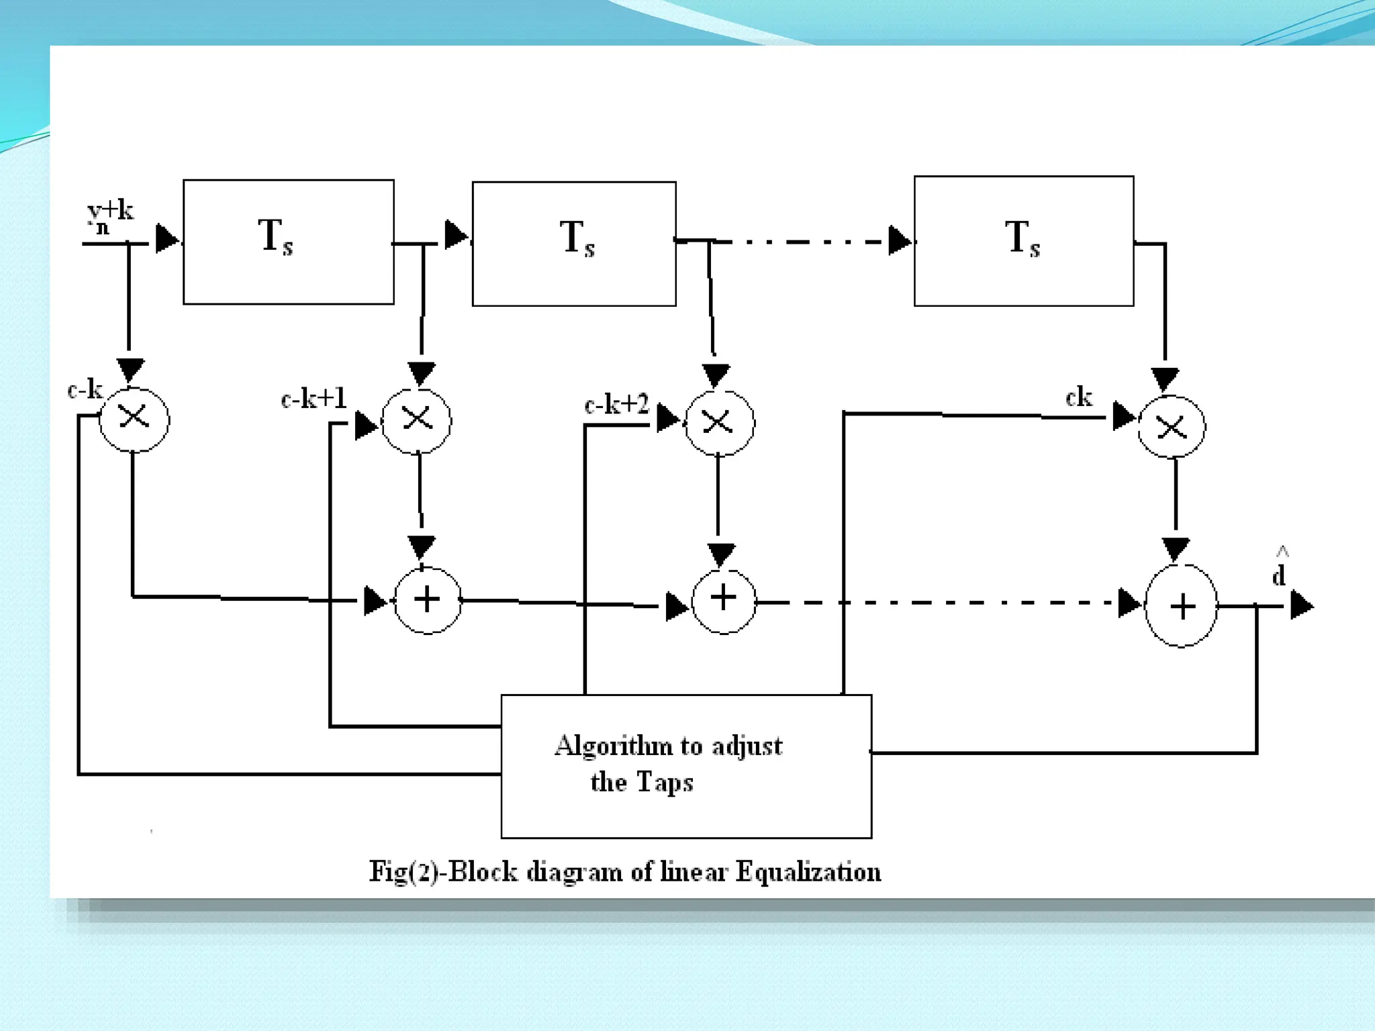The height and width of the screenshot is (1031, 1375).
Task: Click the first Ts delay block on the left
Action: [x=288, y=242]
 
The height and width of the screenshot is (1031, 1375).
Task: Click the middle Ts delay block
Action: [x=573, y=244]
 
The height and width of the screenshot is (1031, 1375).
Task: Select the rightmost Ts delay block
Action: [x=1023, y=241]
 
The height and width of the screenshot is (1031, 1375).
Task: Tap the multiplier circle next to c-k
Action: [x=134, y=419]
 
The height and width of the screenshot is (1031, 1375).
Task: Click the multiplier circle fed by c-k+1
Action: [x=416, y=421]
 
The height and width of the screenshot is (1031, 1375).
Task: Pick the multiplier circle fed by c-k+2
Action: [x=719, y=423]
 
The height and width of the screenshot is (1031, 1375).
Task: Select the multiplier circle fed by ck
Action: [x=1172, y=427]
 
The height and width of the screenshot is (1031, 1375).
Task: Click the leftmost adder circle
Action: [x=428, y=600]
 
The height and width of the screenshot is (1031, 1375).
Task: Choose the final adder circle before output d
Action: [x=1181, y=606]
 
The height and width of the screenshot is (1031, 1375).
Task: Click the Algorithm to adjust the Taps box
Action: [x=685, y=766]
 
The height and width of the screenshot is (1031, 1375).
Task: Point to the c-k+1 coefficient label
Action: [x=314, y=399]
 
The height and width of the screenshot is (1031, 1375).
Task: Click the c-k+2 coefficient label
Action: [x=616, y=404]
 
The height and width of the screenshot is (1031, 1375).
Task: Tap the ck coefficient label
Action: [x=1078, y=397]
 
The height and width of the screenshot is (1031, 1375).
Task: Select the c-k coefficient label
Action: [x=85, y=389]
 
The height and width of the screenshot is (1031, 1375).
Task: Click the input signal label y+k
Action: [x=109, y=216]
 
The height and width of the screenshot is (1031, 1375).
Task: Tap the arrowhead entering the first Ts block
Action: [x=167, y=238]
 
